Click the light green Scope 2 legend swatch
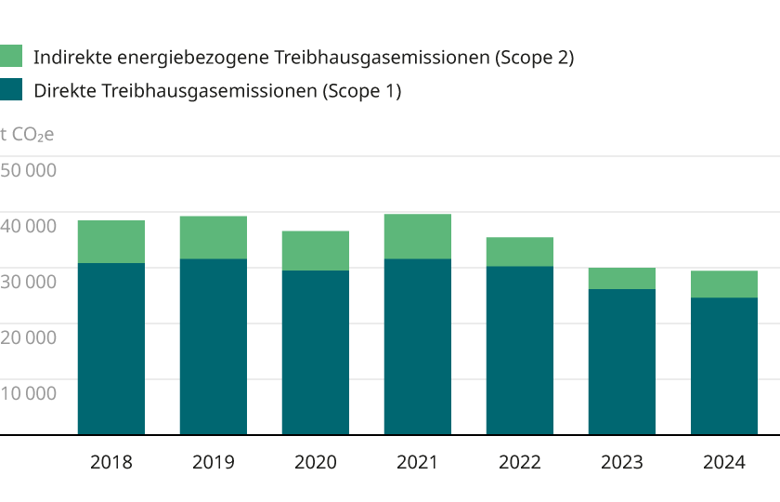pos(10,57)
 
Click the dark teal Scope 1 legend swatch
pos(10,90)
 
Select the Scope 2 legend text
pos(304,58)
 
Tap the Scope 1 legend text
pos(217,91)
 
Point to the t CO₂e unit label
pos(27,135)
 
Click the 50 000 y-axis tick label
pos(29,170)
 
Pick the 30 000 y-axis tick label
pos(29,282)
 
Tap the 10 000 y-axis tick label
pos(29,393)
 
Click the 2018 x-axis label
pos(110,462)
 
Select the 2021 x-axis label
pos(417,462)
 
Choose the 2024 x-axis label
pos(723,462)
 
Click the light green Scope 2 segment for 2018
pos(110,242)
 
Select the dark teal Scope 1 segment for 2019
pos(213,346)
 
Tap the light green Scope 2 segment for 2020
pos(315,250)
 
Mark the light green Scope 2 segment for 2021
pos(417,236)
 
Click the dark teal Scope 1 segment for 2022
pos(519,350)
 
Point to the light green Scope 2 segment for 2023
pos(621,278)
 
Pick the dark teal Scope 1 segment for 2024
pos(723,365)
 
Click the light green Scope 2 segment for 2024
pos(723,284)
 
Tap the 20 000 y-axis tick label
pos(29,337)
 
